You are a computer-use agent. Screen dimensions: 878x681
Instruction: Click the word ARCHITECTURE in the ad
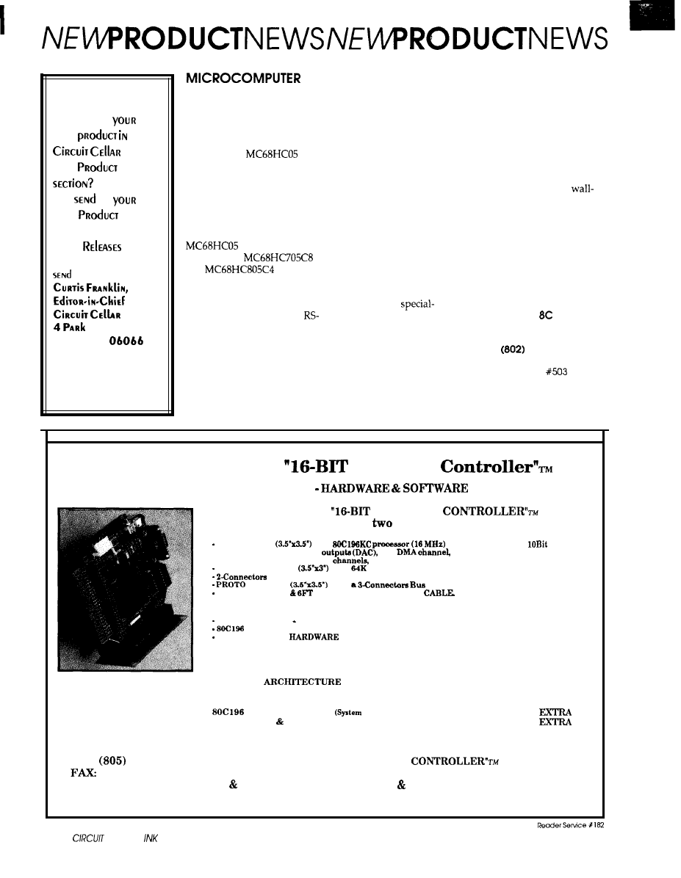pos(303,682)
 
